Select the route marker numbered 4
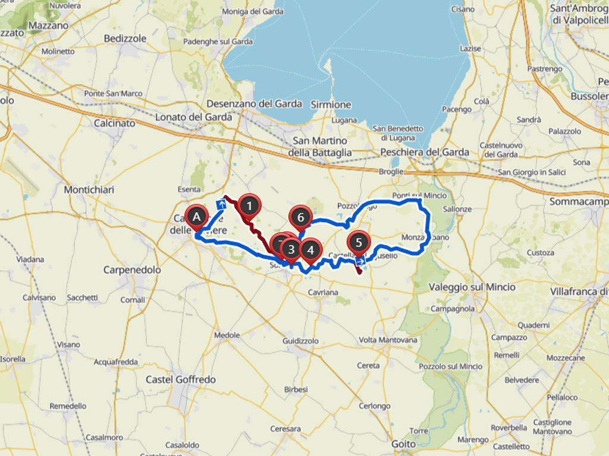pos(310,250)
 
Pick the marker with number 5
pos(358,242)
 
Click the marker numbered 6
pos(300,218)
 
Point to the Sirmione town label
pos(331,104)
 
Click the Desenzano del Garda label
pos(254,103)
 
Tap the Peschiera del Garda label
pos(425,152)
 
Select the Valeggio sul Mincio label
pos(472,287)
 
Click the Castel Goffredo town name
pos(181,379)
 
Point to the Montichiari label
pos(89,189)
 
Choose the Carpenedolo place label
pos(132,270)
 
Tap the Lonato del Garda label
pos(193,117)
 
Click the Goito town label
pos(404,444)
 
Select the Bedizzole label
pos(125,38)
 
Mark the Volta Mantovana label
pos(388,340)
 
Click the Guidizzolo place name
pos(302,341)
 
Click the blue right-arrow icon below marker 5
pos(360,260)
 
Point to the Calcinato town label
pos(114,123)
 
